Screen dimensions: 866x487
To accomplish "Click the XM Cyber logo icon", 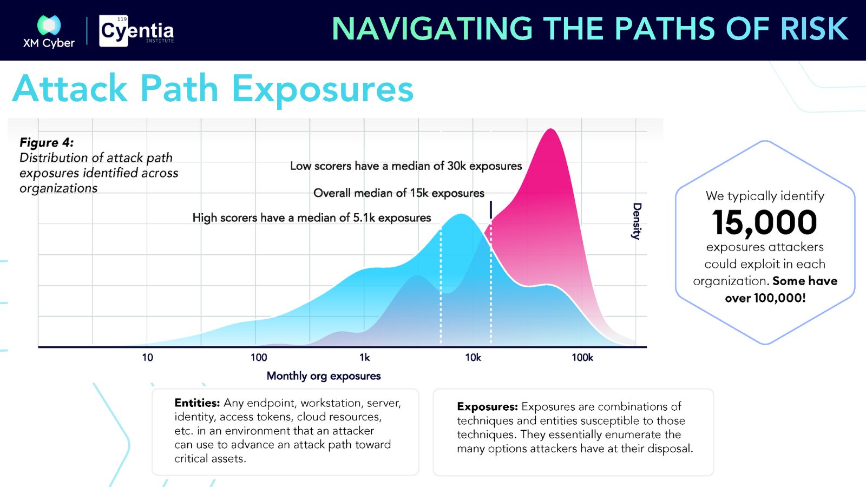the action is point(49,25).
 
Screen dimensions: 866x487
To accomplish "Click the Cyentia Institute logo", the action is point(136,31).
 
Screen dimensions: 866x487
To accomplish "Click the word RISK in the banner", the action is point(814,29).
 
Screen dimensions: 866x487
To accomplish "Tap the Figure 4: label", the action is point(47,142).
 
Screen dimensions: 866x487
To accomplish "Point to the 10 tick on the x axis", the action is point(147,357).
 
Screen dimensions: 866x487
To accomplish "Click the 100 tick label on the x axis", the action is point(259,357).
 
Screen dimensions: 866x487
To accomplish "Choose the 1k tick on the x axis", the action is point(365,357).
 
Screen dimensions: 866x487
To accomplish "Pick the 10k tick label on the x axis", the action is point(473,357).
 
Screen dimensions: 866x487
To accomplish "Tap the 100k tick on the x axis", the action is point(582,357).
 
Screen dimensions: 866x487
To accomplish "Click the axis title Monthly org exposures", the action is point(324,376).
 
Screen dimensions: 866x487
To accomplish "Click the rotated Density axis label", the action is point(637,221).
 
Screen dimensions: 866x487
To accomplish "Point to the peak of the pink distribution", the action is point(550,129).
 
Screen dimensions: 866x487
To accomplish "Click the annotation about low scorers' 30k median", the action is point(406,166).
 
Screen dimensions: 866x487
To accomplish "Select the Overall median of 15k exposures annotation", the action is point(398,193).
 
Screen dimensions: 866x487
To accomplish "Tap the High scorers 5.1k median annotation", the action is point(312,218).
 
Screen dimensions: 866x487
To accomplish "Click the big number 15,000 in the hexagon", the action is point(764,222).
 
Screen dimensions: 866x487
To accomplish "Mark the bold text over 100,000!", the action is point(765,298).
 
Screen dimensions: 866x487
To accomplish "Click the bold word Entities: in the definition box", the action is point(197,403).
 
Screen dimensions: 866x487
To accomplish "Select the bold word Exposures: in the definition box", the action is point(487,406).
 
